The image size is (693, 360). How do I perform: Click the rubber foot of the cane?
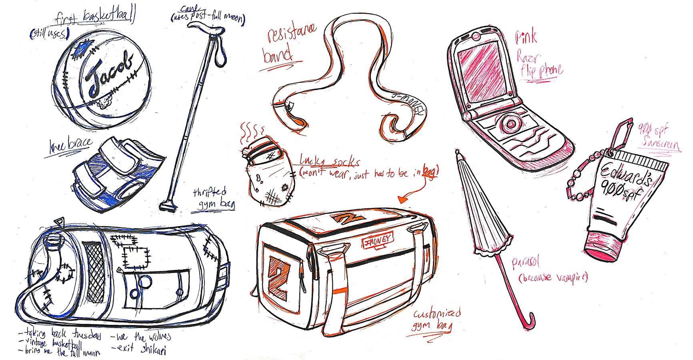[x=167, y=207]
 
